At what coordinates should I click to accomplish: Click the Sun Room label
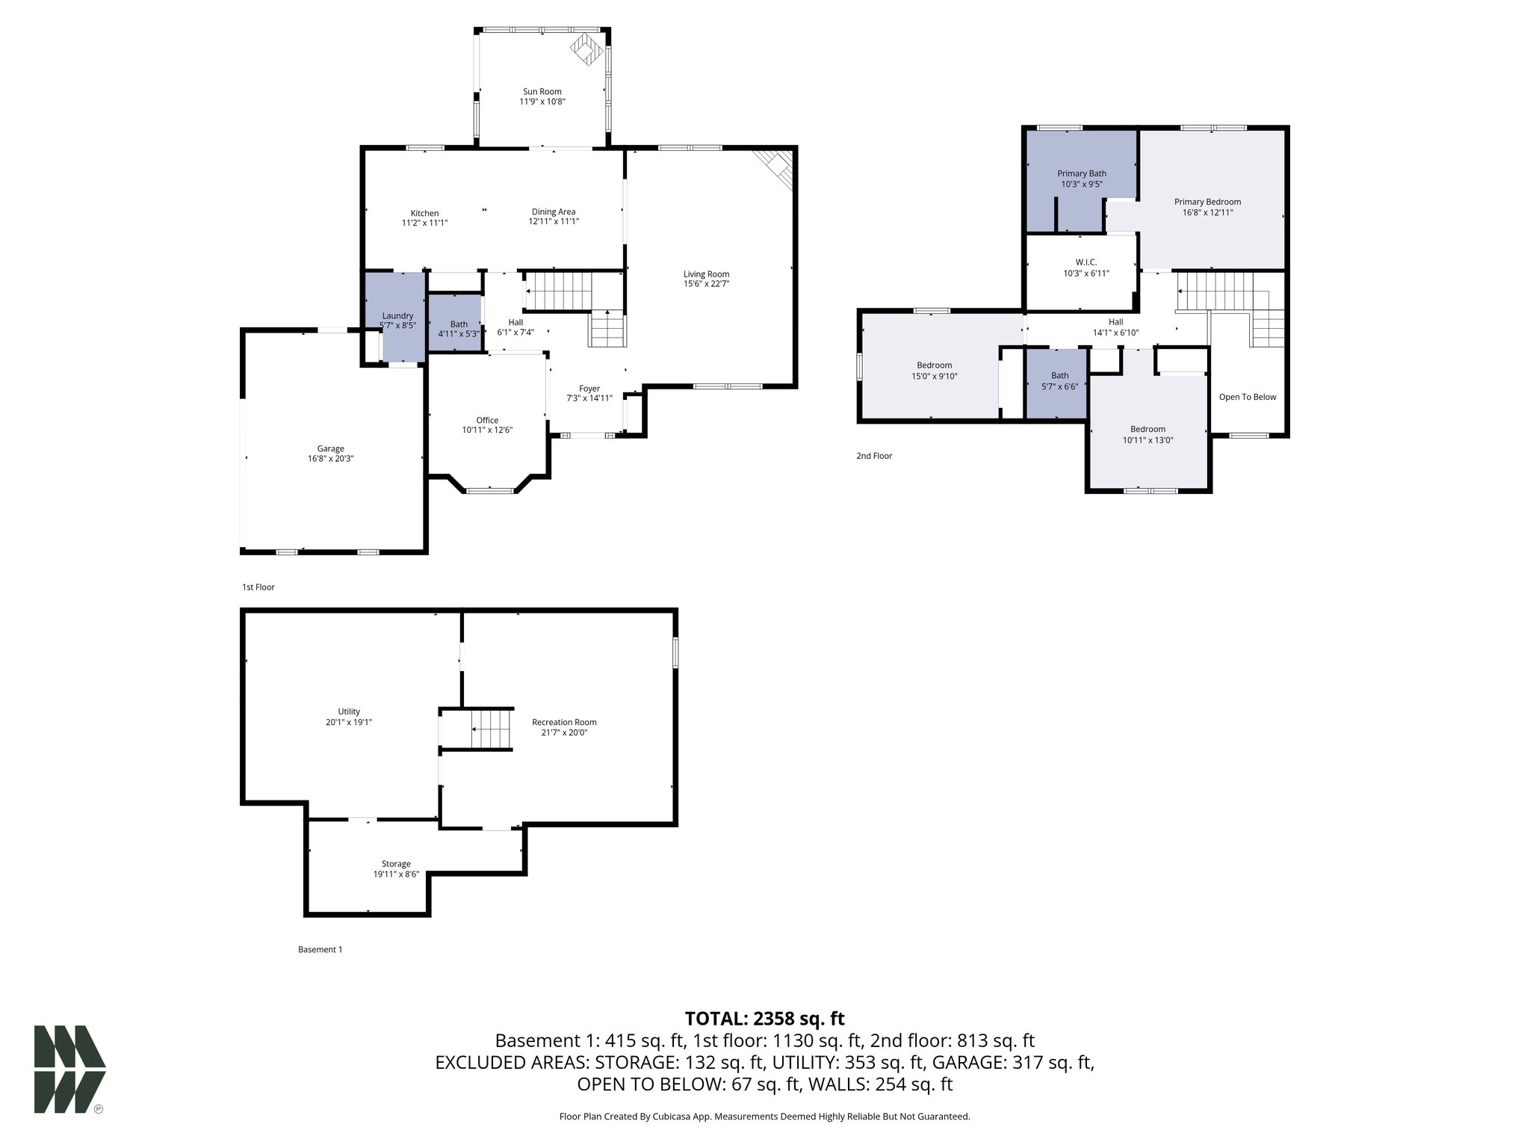(x=542, y=92)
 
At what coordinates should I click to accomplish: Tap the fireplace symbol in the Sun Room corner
(x=586, y=49)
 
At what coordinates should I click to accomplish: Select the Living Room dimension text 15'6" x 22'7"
(x=706, y=284)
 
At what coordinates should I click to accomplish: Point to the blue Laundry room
(x=397, y=318)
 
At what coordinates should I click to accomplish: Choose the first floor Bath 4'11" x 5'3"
(x=458, y=329)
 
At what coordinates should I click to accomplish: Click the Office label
(x=487, y=420)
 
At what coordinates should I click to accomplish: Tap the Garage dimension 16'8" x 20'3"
(x=330, y=459)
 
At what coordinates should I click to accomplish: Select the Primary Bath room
(x=1081, y=178)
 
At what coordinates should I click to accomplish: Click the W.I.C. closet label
(x=1085, y=262)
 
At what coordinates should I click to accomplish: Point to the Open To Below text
(x=1247, y=397)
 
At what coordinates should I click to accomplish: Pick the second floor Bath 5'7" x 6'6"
(x=1059, y=381)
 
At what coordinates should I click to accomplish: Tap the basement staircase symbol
(x=490, y=729)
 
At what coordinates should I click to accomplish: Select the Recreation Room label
(x=564, y=722)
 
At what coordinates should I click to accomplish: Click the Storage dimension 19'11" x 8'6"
(x=396, y=874)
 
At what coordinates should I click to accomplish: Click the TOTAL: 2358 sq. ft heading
(x=764, y=1019)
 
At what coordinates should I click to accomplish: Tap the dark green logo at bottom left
(x=69, y=1069)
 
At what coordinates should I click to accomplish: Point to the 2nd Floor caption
(x=874, y=456)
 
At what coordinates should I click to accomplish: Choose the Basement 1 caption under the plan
(x=320, y=950)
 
